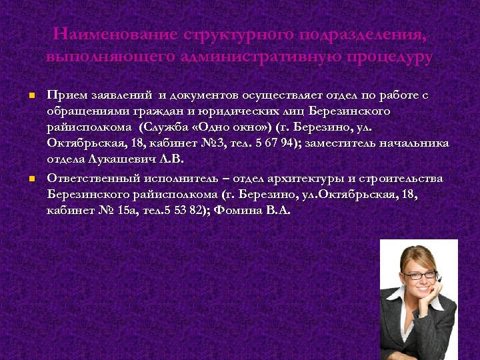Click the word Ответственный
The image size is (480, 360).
[x=94, y=178]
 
